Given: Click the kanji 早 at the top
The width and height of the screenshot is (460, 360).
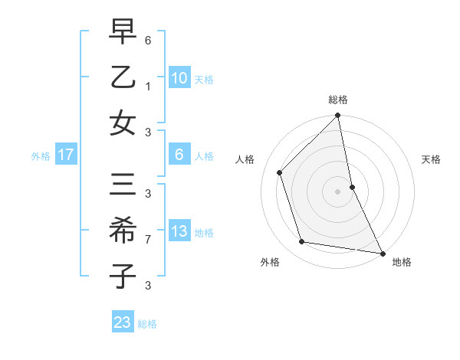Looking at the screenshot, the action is [x=123, y=34].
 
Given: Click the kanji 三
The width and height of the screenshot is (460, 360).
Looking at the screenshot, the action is [x=123, y=186].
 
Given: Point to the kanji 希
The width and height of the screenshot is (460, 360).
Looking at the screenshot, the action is [x=123, y=231].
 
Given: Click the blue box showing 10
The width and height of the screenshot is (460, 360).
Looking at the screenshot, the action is [x=179, y=78].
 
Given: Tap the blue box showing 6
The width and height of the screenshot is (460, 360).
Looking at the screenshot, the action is [x=179, y=155].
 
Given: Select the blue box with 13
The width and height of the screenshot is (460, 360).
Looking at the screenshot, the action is [x=179, y=231].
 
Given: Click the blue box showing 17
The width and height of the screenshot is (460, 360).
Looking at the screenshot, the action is [x=66, y=155].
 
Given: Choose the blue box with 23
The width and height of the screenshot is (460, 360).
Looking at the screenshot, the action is [x=123, y=322].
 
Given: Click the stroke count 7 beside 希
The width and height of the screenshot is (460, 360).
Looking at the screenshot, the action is [x=148, y=239].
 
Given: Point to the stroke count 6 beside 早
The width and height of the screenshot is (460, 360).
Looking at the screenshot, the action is [x=148, y=40].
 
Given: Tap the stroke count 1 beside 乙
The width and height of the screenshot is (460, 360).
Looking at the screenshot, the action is [x=148, y=86].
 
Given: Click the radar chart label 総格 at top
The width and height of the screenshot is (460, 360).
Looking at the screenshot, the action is [x=338, y=100].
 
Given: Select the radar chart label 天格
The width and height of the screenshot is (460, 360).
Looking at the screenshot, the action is [x=432, y=159].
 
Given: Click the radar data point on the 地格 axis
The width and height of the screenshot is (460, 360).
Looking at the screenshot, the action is [x=382, y=253].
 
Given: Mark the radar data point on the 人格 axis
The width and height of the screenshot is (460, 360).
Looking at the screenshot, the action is [x=280, y=172].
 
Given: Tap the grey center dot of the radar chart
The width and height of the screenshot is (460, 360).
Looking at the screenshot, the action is [x=338, y=191].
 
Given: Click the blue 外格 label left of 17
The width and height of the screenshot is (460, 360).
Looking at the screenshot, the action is [x=41, y=155].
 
